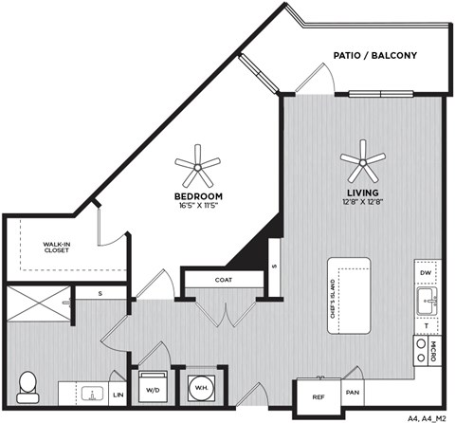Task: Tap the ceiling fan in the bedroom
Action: (x=197, y=167)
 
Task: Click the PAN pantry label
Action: (x=351, y=391)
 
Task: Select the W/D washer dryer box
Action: (x=152, y=387)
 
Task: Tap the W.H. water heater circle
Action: (x=200, y=387)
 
